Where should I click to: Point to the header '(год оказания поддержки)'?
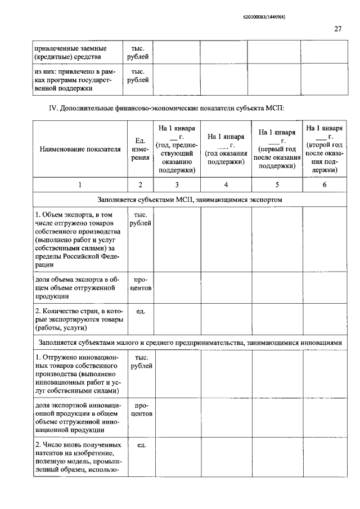(x=226, y=149)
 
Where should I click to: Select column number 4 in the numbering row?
(x=226, y=184)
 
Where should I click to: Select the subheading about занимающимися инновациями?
(x=190, y=341)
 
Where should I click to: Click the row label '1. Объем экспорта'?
(x=77, y=240)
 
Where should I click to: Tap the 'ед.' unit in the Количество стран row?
(x=141, y=310)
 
